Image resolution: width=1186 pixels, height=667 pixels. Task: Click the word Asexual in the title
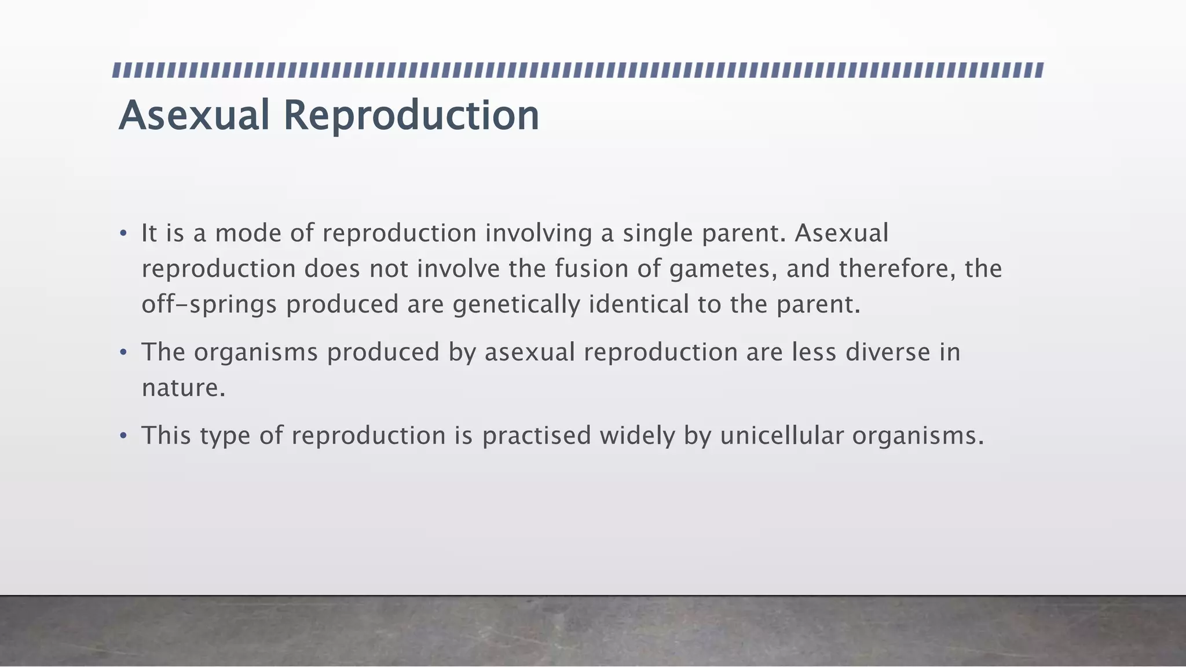tap(194, 115)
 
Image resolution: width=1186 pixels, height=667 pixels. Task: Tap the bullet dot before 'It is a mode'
tap(123, 234)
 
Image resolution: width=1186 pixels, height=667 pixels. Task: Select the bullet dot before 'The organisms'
tap(123, 353)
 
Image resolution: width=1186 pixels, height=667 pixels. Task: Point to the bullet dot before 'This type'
tap(123, 436)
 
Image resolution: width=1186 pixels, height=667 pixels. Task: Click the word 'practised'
tap(536, 436)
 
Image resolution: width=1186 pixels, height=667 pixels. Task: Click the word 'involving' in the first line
tap(538, 234)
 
